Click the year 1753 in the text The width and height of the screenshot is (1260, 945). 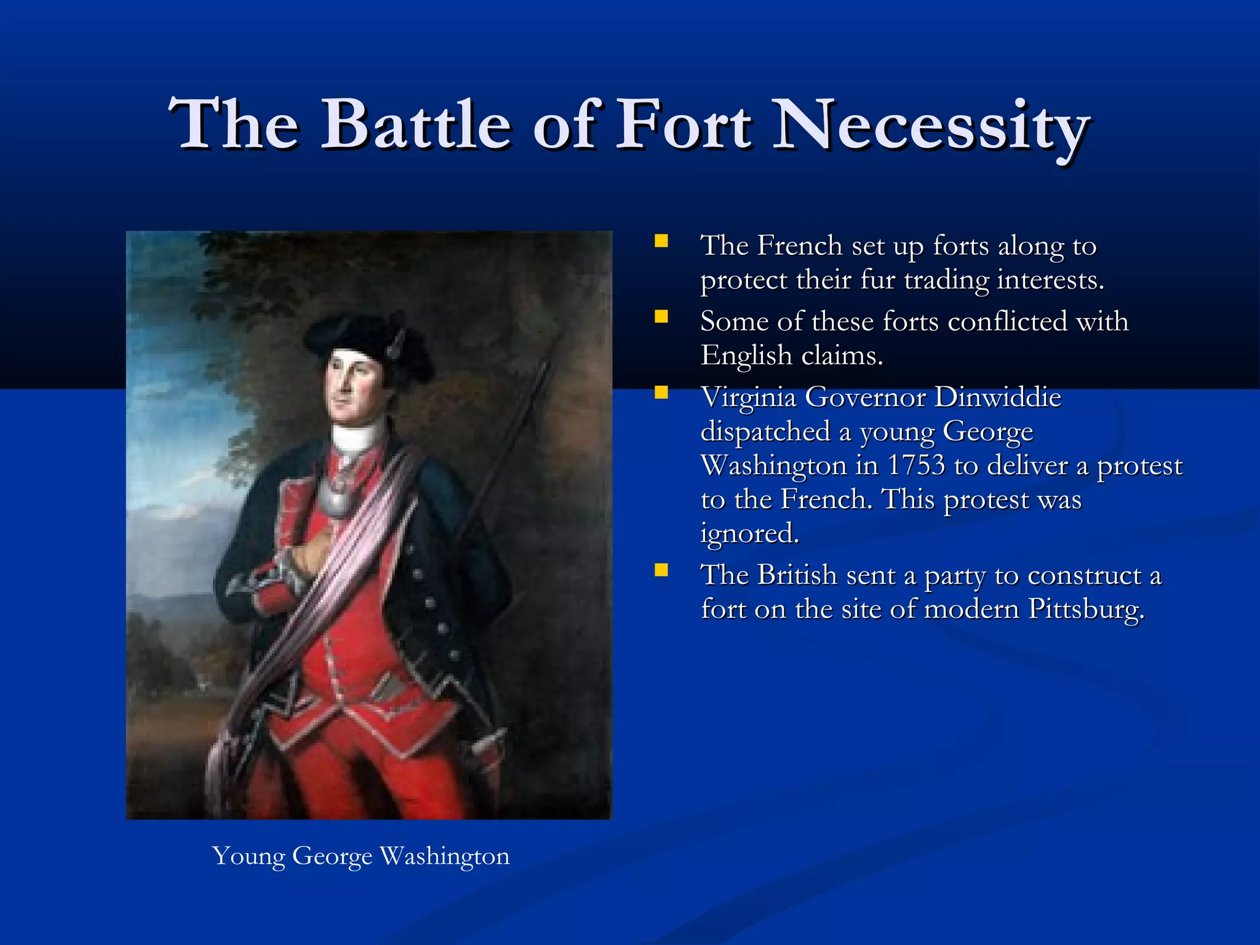[x=915, y=466]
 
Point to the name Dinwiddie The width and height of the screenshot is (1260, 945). [x=998, y=397]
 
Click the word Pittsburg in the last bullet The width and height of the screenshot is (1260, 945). [x=1086, y=609]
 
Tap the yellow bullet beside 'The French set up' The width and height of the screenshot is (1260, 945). [x=661, y=241]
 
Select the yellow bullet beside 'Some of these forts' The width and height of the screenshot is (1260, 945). [x=661, y=317]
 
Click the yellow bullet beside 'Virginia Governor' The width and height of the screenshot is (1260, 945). [x=661, y=393]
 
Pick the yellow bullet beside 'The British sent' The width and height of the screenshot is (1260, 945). [x=661, y=570]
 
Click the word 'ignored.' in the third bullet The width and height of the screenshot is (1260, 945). [x=749, y=533]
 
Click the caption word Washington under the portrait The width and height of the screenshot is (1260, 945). [x=444, y=856]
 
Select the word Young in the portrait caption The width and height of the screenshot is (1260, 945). [x=249, y=856]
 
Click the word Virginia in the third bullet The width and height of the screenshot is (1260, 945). [x=748, y=397]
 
